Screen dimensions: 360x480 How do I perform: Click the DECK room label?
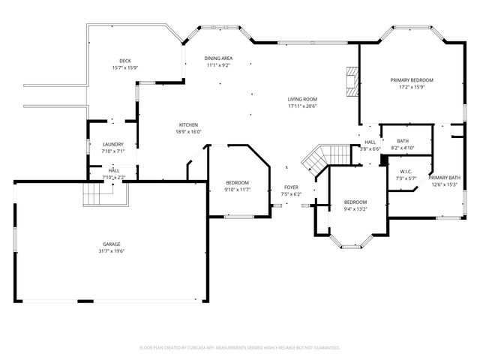(x=125, y=61)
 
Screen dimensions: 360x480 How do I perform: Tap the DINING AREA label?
(x=218, y=58)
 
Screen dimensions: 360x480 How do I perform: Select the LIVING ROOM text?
(x=303, y=99)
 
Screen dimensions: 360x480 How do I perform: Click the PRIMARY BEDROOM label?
(x=411, y=79)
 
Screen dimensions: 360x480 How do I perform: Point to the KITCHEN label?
(x=188, y=124)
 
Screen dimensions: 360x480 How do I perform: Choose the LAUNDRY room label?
(x=113, y=144)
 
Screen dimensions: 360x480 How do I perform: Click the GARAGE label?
(x=112, y=244)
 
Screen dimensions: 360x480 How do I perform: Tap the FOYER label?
(x=291, y=187)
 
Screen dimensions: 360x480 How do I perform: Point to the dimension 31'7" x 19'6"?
(x=112, y=251)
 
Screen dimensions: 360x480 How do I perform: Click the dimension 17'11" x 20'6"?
(x=303, y=106)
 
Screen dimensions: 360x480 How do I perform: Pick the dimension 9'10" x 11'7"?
(x=238, y=190)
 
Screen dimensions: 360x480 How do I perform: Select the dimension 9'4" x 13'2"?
(x=355, y=209)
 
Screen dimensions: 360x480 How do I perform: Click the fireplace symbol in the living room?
(x=350, y=79)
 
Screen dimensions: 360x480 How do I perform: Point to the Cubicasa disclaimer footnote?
(x=240, y=348)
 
